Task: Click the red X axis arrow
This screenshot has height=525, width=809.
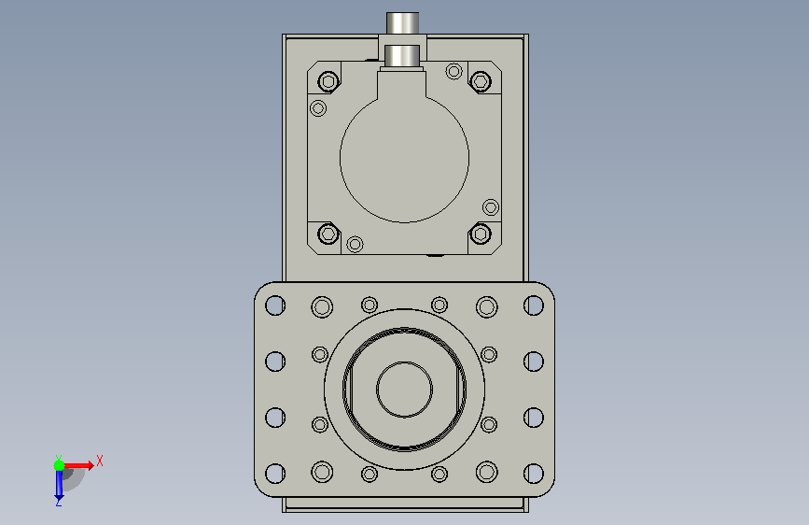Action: coord(77,465)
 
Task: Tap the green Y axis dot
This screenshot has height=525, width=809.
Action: coord(60,465)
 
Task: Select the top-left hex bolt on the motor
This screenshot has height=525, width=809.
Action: coord(328,81)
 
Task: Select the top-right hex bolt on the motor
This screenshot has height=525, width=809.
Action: coord(481,81)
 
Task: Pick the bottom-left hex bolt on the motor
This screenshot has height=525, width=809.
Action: coord(328,234)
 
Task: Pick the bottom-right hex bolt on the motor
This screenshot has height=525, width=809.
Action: coord(481,234)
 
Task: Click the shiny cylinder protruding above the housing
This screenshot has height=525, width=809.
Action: coord(402,23)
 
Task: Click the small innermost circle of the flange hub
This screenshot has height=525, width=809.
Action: coord(405,390)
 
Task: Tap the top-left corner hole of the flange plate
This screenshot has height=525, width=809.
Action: coord(275,305)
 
